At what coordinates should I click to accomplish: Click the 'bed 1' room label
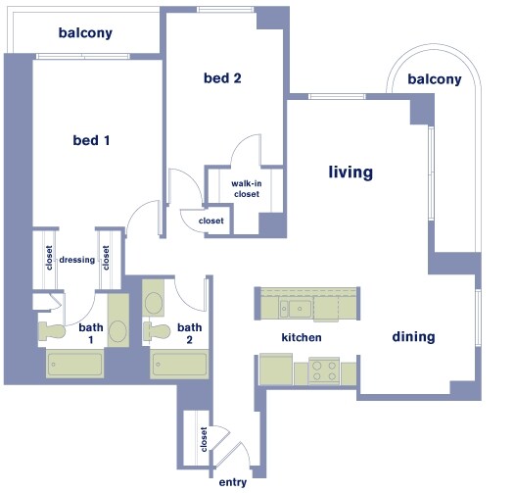point(91,140)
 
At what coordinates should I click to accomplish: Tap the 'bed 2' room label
point(222,78)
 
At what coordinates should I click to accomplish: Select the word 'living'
point(350,173)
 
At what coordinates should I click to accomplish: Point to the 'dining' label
point(413,337)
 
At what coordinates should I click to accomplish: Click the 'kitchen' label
point(302,337)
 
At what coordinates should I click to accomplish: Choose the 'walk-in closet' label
point(245,188)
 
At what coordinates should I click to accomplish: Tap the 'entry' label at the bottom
point(233,482)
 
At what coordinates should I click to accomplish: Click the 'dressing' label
point(77,261)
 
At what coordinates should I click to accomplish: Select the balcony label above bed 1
point(85,32)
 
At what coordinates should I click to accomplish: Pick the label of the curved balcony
point(435,78)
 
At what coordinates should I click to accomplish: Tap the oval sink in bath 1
point(117,330)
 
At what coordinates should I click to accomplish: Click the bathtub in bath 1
point(74,367)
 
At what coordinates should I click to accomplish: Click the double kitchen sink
point(295,311)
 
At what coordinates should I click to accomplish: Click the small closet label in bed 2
point(210,222)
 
